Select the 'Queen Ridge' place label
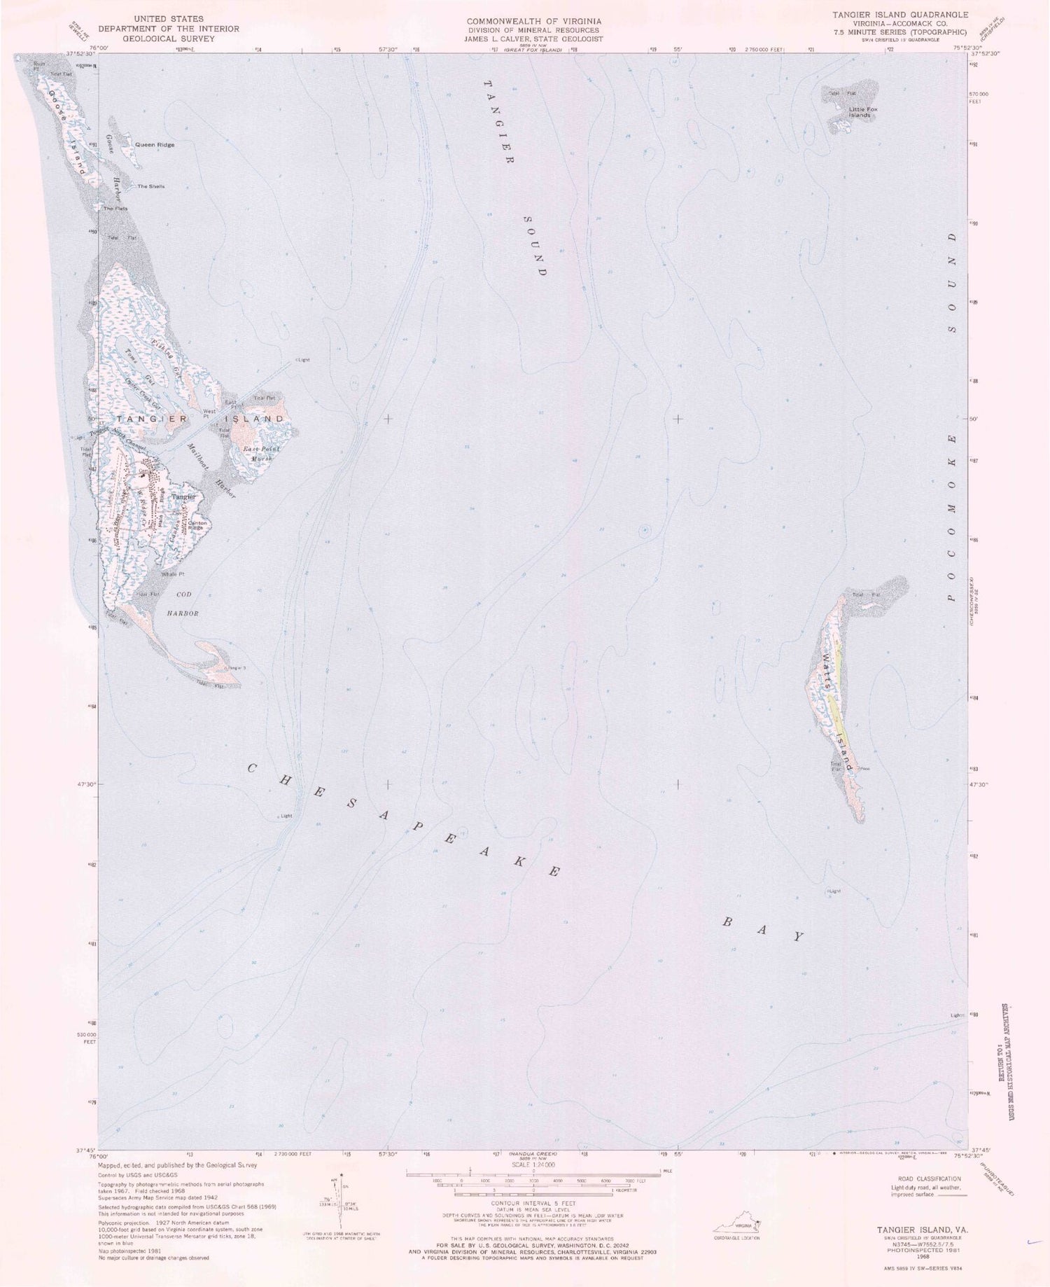pyautogui.click(x=155, y=145)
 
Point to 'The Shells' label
pyautogui.click(x=150, y=186)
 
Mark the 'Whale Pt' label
pyautogui.click(x=171, y=574)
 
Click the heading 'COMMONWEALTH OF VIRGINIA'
pyautogui.click(x=533, y=22)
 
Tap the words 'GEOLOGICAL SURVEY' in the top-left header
pyautogui.click(x=168, y=39)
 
